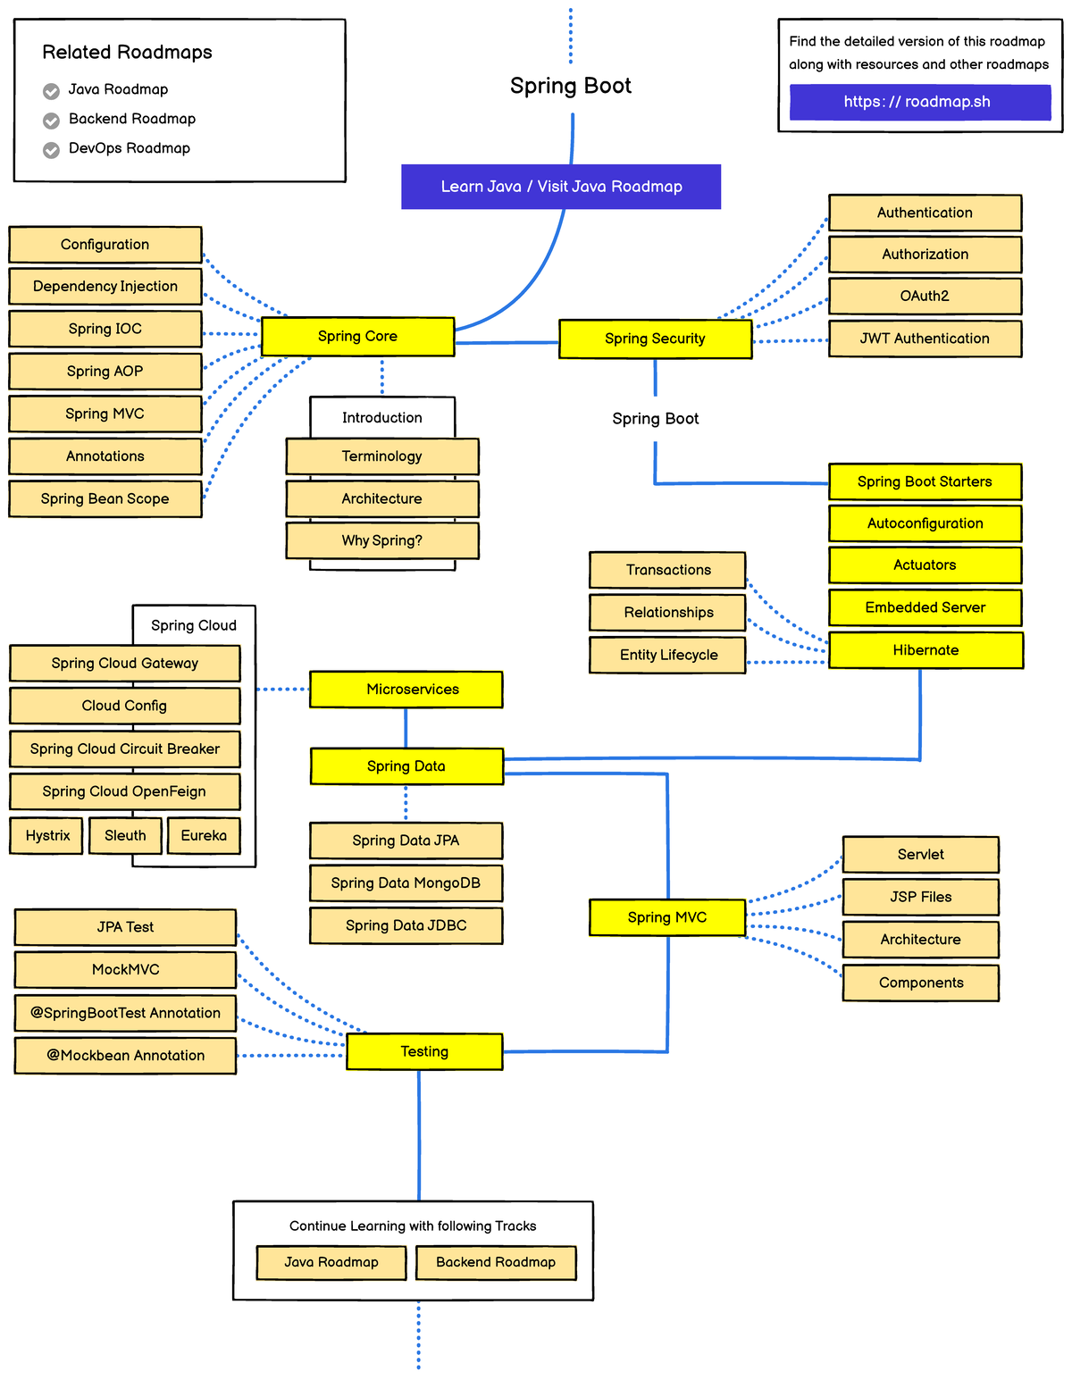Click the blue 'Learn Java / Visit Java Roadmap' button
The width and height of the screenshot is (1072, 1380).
coord(561,187)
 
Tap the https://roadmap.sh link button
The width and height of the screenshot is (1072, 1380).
coord(919,102)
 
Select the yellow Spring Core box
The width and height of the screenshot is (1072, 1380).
coord(357,337)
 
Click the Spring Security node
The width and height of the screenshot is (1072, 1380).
coord(655,339)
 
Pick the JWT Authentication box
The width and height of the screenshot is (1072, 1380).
coord(925,339)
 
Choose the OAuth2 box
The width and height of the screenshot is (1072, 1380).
coord(925,297)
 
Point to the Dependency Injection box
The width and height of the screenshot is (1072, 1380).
coord(105,287)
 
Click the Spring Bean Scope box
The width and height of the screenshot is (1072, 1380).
coord(105,499)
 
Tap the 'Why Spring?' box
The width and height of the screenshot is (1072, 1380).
coord(382,541)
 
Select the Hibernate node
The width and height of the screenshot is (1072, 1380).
coord(925,650)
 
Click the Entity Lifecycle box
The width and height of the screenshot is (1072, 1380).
coord(667,656)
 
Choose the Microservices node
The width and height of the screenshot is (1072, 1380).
coord(406,690)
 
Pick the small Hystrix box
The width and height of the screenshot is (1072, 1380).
coord(47,836)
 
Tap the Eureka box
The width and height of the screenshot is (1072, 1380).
coord(204,836)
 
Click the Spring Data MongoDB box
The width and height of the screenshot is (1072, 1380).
coord(406,883)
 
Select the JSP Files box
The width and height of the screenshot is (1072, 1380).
coord(920,898)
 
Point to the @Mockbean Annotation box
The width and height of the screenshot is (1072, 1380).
coord(126,1056)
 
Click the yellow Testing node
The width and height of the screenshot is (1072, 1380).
coord(424,1052)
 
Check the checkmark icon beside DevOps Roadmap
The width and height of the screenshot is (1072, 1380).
coord(52,150)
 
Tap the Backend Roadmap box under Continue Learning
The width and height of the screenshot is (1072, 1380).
coord(496,1263)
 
